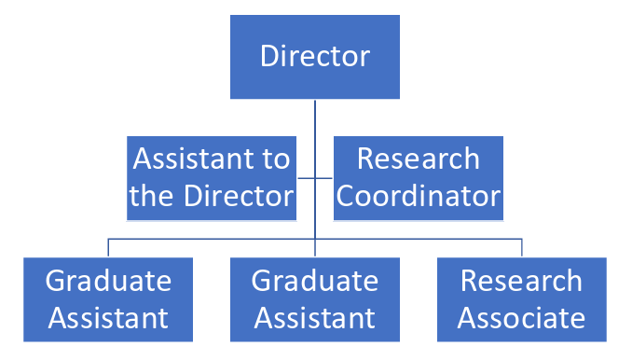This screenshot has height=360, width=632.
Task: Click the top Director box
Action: (315, 57)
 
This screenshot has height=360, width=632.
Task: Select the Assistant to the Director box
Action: (212, 177)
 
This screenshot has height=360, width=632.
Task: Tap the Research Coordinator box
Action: (419, 177)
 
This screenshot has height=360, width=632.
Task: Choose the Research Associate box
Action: (522, 298)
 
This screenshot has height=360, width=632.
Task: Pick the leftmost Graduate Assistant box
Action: (108, 298)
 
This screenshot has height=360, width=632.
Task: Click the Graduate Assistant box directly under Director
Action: (315, 298)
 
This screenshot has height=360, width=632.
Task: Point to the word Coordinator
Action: (419, 197)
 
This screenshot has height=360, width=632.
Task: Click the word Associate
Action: (522, 318)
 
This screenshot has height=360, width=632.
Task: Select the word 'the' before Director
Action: (151, 197)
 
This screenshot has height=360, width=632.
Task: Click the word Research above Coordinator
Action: (419, 159)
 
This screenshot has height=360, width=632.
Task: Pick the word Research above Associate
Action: (522, 280)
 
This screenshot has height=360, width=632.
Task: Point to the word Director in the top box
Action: (315, 57)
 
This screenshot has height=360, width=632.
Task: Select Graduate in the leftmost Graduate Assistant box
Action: (108, 280)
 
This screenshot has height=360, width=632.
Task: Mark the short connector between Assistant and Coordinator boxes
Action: (315, 177)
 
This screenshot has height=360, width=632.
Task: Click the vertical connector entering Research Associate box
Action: (522, 247)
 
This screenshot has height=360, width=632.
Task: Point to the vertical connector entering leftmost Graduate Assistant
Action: (108, 247)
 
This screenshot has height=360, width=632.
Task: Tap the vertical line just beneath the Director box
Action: (315, 117)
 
